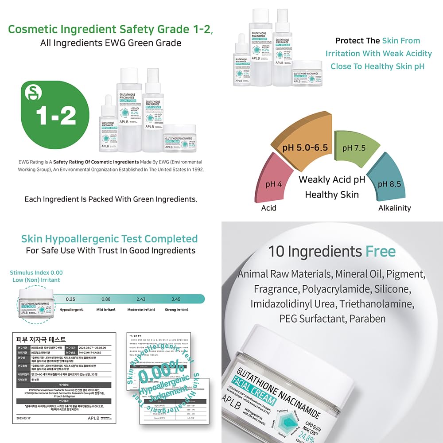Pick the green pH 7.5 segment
point(354,148)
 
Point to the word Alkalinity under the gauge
point(394,208)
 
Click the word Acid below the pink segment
point(268,208)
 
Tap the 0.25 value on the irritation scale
point(70,299)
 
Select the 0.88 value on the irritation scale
point(106,299)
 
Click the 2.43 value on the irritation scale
point(140,299)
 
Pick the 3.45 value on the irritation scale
point(176,299)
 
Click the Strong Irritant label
point(176,310)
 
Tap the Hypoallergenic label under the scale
point(71,310)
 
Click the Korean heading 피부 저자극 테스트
point(41,340)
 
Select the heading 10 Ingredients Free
point(331,252)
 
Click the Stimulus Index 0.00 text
point(36,272)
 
